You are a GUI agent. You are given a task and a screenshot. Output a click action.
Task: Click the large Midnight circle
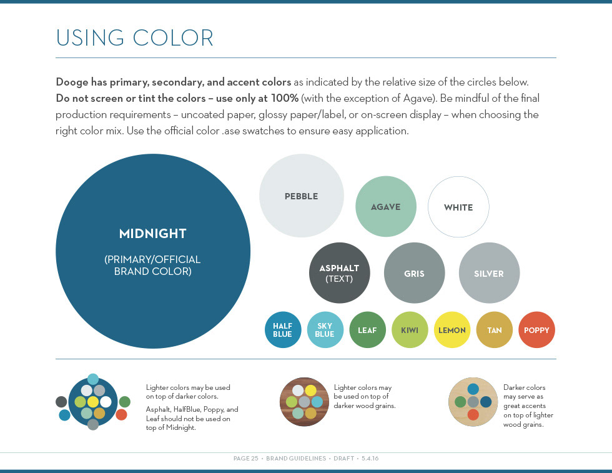(x=153, y=251)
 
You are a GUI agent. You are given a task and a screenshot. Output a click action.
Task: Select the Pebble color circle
(x=301, y=196)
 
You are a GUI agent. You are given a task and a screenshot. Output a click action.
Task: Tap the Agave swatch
(x=386, y=206)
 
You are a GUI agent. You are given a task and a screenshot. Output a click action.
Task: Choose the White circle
(x=458, y=207)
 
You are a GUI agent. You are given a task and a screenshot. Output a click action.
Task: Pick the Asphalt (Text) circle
(x=339, y=272)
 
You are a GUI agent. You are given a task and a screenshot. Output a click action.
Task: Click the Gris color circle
(x=414, y=272)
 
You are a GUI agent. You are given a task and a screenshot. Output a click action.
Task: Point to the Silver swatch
(x=489, y=272)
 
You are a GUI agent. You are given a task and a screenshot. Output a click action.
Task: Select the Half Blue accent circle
(x=282, y=330)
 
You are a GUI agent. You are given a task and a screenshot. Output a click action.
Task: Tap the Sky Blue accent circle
(x=325, y=330)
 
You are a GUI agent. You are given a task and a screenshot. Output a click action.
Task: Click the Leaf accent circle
(x=367, y=330)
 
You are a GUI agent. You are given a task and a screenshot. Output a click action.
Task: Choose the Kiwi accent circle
(x=410, y=330)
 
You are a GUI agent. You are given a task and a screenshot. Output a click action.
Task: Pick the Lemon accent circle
(x=452, y=330)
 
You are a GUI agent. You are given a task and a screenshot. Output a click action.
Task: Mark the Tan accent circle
(x=494, y=330)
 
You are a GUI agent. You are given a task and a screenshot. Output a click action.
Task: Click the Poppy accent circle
(x=536, y=330)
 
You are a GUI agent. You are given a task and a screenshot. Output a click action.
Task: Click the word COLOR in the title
(x=173, y=38)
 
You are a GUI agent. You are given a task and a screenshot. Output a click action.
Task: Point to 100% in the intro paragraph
(x=285, y=98)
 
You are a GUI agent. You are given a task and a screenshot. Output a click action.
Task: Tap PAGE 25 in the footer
(x=246, y=458)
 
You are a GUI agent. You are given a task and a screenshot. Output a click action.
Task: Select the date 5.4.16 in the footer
(x=370, y=458)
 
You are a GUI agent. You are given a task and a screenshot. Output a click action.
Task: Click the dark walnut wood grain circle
(x=304, y=402)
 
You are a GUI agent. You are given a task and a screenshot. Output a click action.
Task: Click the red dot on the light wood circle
(x=473, y=414)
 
